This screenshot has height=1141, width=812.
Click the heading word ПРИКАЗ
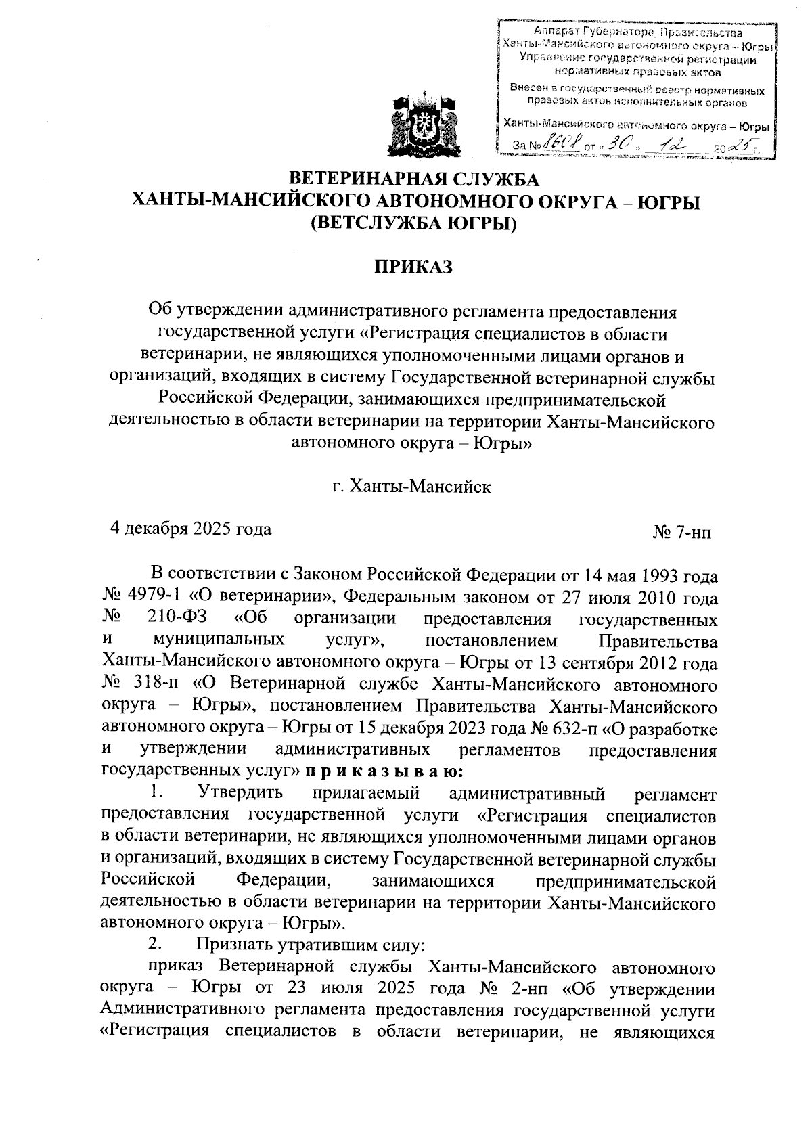(x=413, y=267)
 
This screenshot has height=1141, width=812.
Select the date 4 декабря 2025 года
(x=191, y=529)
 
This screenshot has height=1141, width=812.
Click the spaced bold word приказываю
(x=384, y=771)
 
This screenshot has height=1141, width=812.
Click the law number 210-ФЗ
(x=177, y=619)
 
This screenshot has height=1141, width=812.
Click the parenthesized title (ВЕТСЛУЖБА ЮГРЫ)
(x=412, y=223)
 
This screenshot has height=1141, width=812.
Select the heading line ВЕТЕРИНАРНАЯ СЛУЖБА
(x=413, y=179)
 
